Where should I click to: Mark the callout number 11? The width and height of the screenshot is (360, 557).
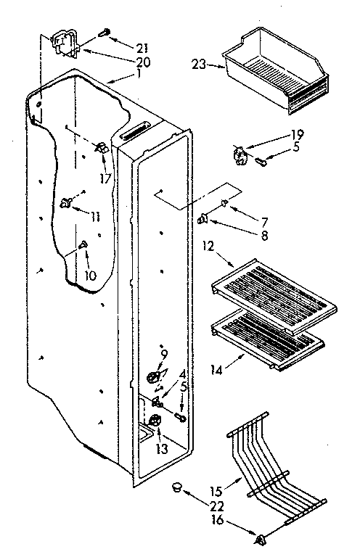(x=95, y=216)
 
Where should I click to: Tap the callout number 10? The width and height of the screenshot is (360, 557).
(x=90, y=276)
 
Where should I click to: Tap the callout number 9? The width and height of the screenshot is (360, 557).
(x=164, y=355)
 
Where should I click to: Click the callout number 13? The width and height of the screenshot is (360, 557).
(x=161, y=450)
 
